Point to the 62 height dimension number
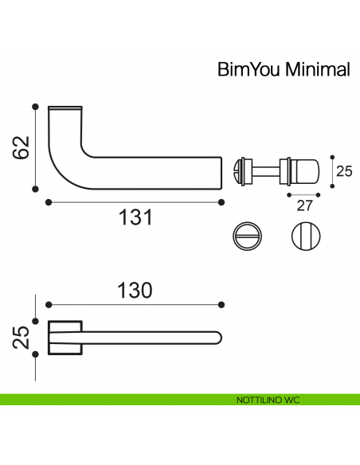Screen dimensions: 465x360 coord(22,148)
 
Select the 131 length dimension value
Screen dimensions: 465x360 coord(135,217)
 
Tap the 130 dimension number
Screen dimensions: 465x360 coord(135,291)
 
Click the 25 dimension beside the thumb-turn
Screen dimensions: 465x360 coord(343,170)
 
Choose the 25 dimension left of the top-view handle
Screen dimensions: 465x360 coord(22,337)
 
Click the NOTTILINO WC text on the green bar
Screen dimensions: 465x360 coord(267,400)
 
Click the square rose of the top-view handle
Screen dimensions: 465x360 coord(64,336)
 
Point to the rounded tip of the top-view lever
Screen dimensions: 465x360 coord(219,336)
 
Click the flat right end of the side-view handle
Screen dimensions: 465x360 coord(220,170)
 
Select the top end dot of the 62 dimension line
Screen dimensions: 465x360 coord(35,105)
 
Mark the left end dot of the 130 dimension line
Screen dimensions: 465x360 coord(49,304)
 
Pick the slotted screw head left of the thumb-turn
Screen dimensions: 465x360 coord(236,170)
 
